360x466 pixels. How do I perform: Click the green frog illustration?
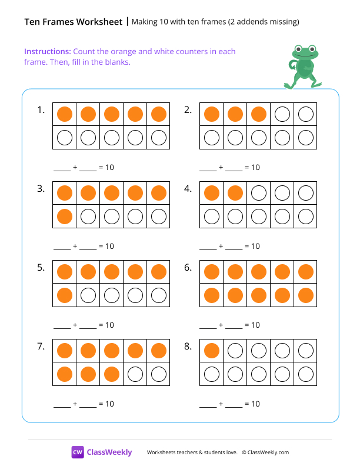303,66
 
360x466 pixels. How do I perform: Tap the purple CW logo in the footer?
78,452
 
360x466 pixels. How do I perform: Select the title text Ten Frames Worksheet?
74,22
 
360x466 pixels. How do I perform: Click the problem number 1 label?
41,109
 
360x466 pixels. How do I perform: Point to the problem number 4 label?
188,189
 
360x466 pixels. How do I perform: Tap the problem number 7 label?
41,347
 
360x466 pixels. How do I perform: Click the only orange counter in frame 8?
212,351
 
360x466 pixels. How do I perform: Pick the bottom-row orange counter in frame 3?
65,217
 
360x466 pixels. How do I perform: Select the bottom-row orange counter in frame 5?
65,295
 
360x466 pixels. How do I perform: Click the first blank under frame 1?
62,168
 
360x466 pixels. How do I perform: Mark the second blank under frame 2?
234,168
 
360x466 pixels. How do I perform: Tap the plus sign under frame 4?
221,247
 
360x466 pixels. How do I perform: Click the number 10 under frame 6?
255,325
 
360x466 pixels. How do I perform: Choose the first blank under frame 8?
208,405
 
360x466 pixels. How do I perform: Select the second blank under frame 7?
88,405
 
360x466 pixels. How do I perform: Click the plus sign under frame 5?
75,325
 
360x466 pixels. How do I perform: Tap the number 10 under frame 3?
109,246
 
